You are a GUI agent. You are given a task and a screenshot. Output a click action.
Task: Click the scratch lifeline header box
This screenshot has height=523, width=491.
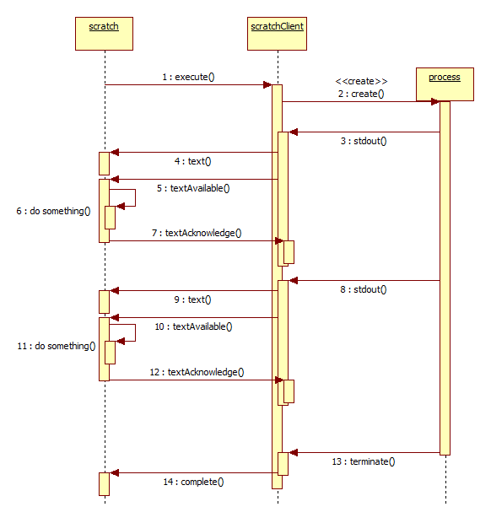[104, 34]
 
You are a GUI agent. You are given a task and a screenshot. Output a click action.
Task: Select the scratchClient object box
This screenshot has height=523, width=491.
[277, 34]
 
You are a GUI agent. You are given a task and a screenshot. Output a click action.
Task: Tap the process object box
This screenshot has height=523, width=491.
[445, 84]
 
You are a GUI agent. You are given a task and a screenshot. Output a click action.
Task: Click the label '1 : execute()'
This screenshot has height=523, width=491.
[188, 77]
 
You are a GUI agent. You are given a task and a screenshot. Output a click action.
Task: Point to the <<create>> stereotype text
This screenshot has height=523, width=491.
[361, 81]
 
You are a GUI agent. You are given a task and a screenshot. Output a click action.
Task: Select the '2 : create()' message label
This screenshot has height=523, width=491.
[361, 94]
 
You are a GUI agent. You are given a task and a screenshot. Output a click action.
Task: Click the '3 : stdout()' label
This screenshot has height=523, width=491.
[364, 141]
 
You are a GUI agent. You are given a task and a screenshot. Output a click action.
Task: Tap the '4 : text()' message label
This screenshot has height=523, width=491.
[193, 161]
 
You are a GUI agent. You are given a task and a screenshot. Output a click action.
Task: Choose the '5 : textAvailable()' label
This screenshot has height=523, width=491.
[193, 188]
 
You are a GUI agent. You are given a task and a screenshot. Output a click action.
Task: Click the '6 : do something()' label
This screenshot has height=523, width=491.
[53, 211]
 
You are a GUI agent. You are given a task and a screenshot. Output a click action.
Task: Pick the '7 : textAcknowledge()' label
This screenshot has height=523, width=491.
[197, 233]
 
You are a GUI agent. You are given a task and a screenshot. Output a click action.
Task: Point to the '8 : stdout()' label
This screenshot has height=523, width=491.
[364, 289]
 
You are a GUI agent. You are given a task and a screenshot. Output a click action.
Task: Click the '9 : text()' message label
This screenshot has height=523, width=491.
[193, 299]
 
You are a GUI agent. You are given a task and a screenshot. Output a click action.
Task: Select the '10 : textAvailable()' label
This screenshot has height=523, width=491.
[193, 326]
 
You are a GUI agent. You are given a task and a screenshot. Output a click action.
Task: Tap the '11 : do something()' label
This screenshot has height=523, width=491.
[57, 346]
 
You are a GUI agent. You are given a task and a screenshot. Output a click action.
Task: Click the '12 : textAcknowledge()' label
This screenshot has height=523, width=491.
[197, 372]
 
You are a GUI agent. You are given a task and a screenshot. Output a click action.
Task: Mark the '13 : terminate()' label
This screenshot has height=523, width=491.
[364, 461]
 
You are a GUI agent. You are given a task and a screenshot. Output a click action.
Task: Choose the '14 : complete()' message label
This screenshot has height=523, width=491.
[193, 482]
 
